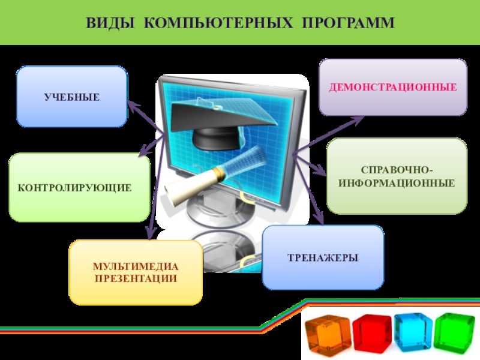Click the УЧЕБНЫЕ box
point(71,97)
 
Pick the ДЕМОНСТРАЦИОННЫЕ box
point(392,88)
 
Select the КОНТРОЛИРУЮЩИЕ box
point(79,188)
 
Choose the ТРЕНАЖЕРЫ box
point(323,257)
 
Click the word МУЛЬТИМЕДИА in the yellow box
point(136,266)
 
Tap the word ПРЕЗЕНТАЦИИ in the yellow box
point(136,278)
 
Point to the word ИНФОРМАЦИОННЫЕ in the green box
point(396,181)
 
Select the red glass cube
point(371,334)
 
